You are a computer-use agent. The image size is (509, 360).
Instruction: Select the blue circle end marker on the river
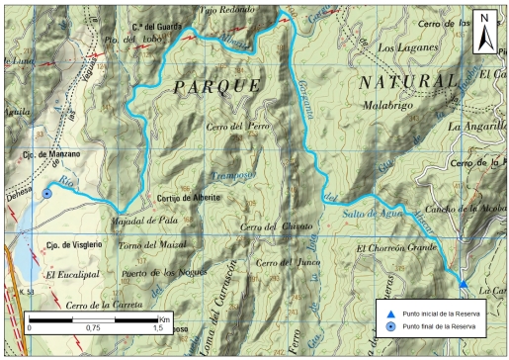(46, 194)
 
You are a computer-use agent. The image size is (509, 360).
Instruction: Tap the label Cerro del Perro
(238, 127)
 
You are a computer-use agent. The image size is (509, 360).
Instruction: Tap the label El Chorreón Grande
(396, 247)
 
